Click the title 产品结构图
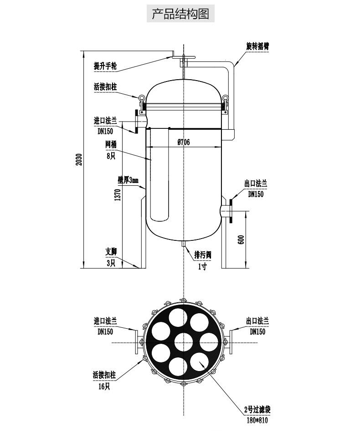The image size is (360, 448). [x=180, y=14]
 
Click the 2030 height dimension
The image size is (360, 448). [x=79, y=159]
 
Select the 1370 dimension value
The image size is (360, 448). [x=118, y=194]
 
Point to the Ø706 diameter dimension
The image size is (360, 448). [x=183, y=142]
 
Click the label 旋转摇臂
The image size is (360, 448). [x=257, y=46]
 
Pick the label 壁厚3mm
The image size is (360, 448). [x=128, y=180]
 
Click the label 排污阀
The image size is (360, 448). [x=203, y=255]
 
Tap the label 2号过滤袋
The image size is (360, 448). [x=257, y=410]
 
